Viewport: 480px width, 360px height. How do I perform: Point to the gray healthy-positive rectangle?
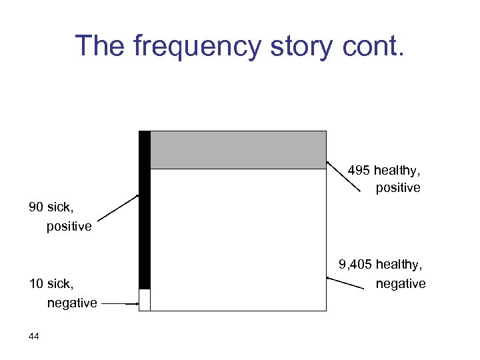click(x=238, y=150)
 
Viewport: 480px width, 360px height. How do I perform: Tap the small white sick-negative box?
click(x=145, y=300)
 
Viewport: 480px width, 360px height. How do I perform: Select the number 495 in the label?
click(x=359, y=171)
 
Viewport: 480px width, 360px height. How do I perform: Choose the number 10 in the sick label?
click(x=37, y=285)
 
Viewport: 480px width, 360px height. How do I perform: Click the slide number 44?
click(x=34, y=337)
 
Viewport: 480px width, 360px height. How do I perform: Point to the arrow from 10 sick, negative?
click(x=121, y=304)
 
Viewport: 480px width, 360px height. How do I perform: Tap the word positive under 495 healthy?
click(x=398, y=188)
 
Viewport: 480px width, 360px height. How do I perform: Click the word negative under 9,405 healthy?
click(x=401, y=284)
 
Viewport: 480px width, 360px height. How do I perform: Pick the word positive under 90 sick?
click(x=69, y=227)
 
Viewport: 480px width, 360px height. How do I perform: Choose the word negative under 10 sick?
click(x=72, y=303)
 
